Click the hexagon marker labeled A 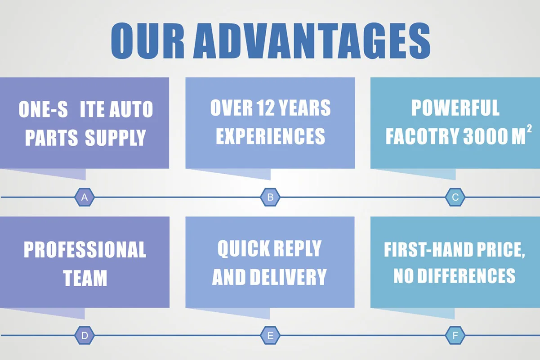[x=84, y=197]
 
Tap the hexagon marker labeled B [x=270, y=197]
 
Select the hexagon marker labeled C [x=455, y=197]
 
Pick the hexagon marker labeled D [x=84, y=336]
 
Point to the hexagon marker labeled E [x=270, y=336]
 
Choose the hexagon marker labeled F [x=455, y=336]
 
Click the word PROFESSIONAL [x=85, y=250]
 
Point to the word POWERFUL [x=455, y=108]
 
